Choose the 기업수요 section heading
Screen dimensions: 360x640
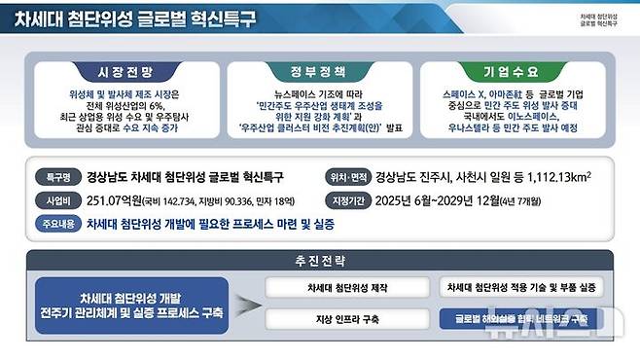coord(510,72)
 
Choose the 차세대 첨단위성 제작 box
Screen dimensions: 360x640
coord(346,289)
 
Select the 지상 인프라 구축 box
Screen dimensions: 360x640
coord(346,319)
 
